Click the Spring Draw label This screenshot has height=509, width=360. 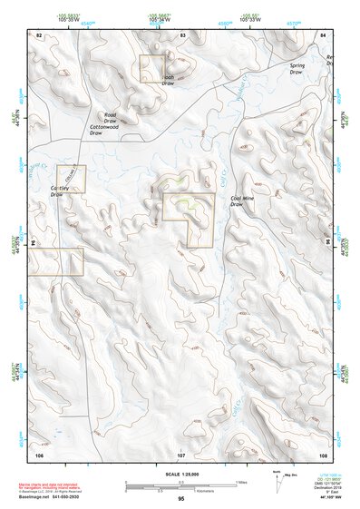(x=297, y=69)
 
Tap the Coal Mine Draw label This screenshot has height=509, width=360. (x=244, y=201)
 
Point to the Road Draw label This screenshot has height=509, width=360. (x=111, y=118)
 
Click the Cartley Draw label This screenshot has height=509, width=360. (x=61, y=191)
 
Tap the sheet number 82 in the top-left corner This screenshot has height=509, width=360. (x=39, y=34)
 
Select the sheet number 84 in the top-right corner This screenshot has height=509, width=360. (x=323, y=34)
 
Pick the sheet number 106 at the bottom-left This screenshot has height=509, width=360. (x=39, y=453)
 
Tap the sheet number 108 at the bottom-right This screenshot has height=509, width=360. (x=322, y=453)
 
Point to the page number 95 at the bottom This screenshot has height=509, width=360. (x=180, y=499)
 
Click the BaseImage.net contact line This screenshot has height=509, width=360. (x=64, y=497)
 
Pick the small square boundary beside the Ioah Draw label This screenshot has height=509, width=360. (x=151, y=68)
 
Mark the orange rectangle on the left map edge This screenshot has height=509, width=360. (x=57, y=261)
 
